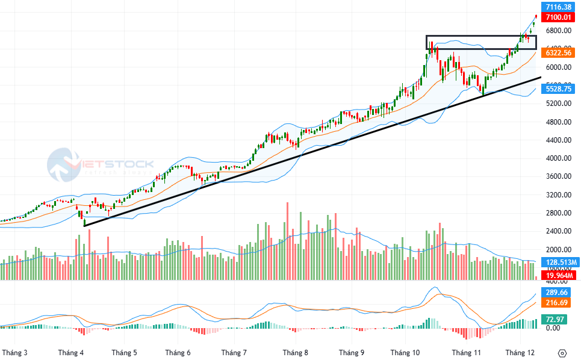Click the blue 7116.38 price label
[558, 7]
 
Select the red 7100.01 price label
[558, 17]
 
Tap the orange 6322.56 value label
[558, 53]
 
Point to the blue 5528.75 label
[558, 89]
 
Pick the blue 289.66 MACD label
[557, 292]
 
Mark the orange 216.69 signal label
[557, 303]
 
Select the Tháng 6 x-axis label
[178, 352]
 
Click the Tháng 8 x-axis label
[296, 352]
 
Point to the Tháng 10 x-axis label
[405, 352]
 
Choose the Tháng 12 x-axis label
[520, 352]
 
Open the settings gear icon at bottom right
[562, 353]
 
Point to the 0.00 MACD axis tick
[553, 328]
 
